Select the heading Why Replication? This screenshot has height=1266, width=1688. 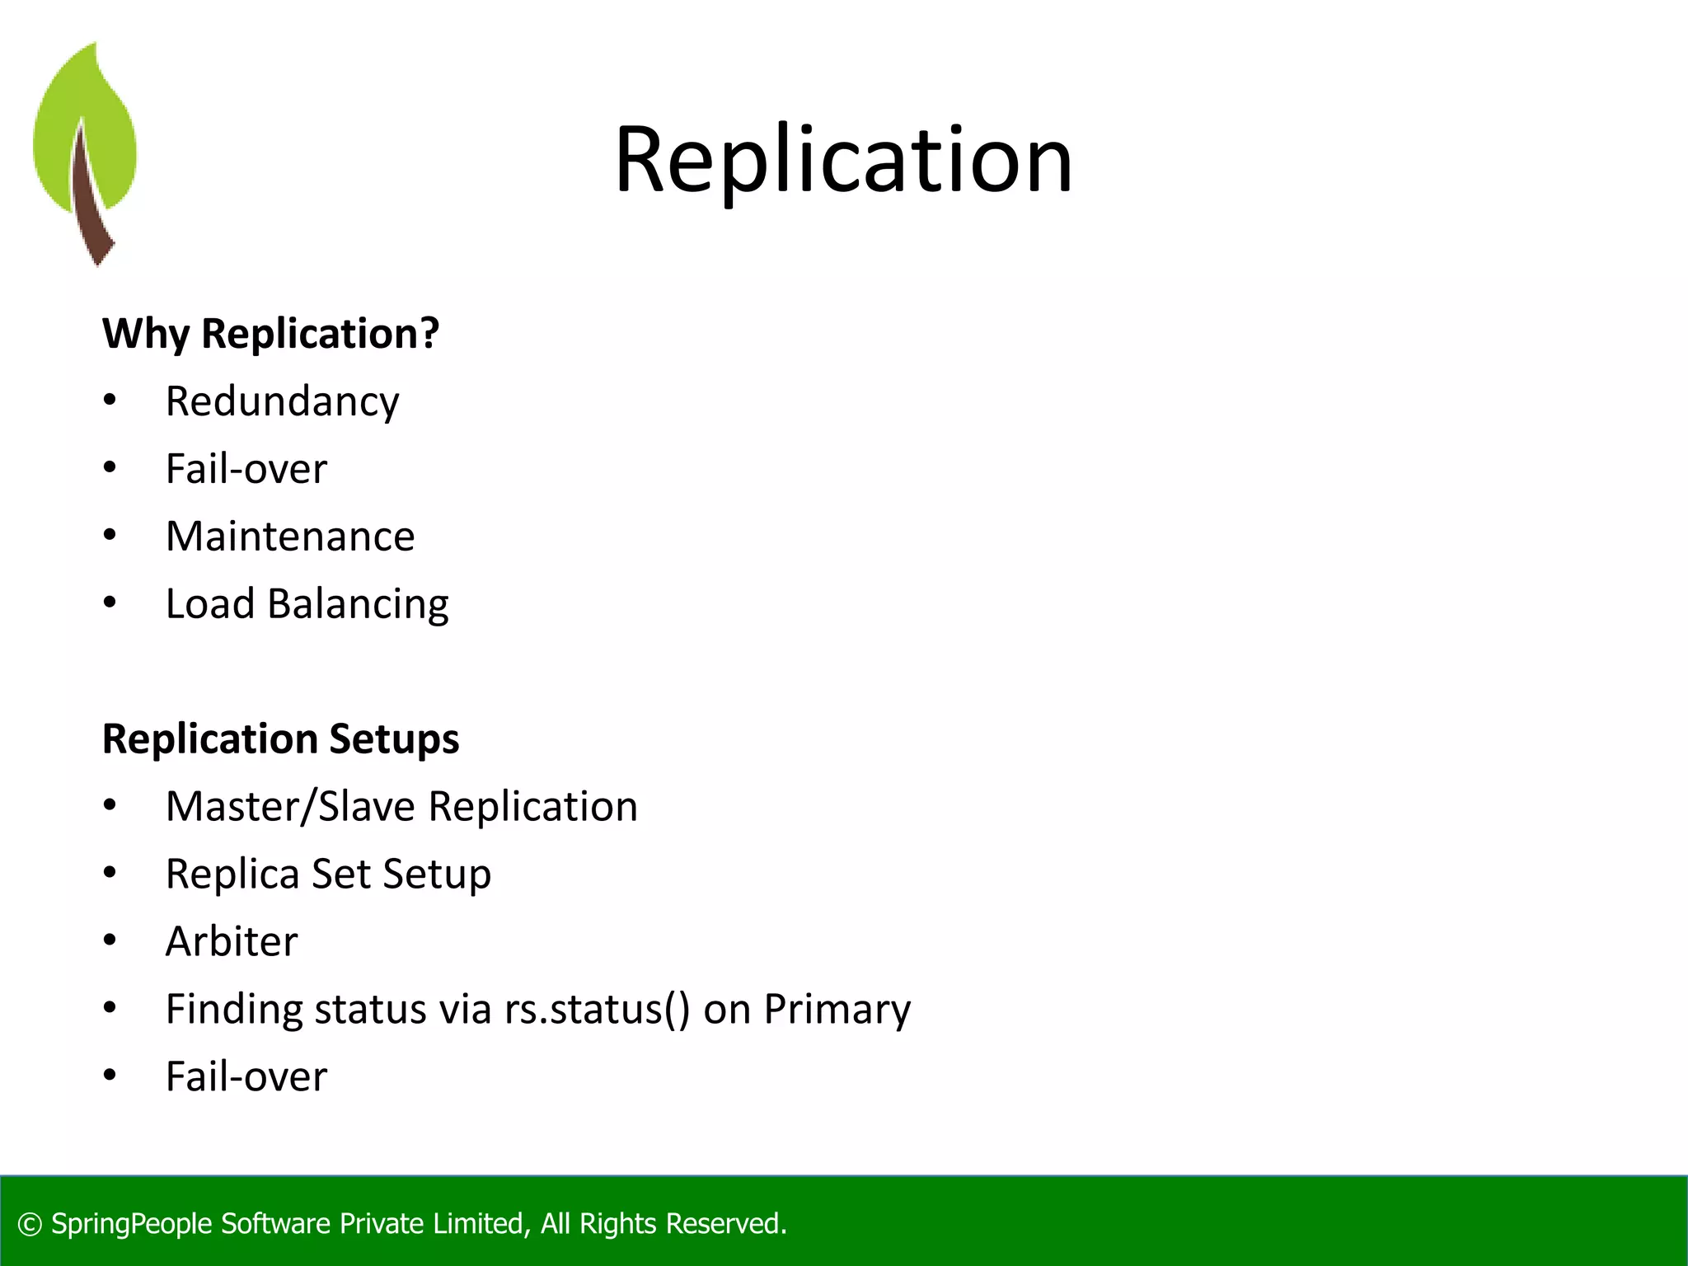click(x=270, y=334)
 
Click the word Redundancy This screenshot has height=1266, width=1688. click(x=282, y=402)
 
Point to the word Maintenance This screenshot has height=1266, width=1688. click(x=290, y=537)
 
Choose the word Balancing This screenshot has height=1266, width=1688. click(x=358, y=605)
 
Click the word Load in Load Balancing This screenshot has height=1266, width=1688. click(x=210, y=604)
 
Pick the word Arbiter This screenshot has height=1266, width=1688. click(x=232, y=941)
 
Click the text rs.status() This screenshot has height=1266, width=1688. click(x=598, y=1009)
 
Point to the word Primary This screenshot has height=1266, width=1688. click(x=837, y=1010)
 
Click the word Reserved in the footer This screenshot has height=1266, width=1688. click(x=724, y=1224)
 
